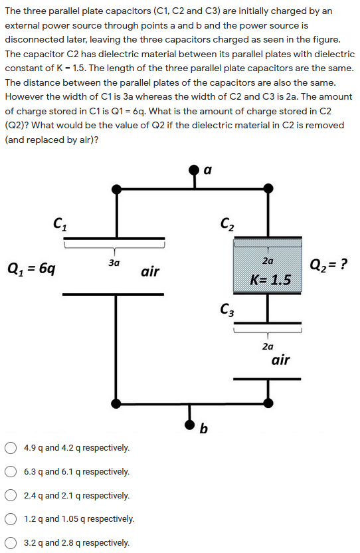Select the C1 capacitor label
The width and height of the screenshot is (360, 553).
[x=59, y=225]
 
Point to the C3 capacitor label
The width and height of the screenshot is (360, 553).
[x=226, y=310]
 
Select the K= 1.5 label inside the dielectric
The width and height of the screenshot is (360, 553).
[x=270, y=279]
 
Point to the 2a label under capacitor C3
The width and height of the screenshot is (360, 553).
[x=268, y=346]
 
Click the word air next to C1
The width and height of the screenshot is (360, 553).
[x=150, y=271]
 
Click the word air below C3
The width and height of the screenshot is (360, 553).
[x=280, y=360]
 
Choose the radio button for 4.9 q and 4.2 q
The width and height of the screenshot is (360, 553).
[x=11, y=448]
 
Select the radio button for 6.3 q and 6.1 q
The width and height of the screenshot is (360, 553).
[x=11, y=472]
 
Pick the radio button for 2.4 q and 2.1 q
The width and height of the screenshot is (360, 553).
[x=11, y=496]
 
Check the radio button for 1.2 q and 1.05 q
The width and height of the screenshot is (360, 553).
[x=11, y=519]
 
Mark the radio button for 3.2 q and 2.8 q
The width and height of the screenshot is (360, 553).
[x=11, y=543]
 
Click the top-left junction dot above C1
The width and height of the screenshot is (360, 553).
[x=116, y=189]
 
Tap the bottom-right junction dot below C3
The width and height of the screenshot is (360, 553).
[x=268, y=403]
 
